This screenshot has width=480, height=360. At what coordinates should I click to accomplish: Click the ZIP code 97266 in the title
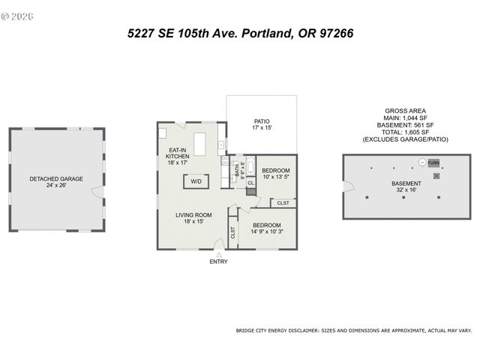[x=333, y=34]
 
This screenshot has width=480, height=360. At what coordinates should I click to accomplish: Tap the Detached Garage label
[x=56, y=178]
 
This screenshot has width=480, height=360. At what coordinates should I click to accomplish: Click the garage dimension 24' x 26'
[x=56, y=185]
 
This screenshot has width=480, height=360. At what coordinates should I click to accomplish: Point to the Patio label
[x=261, y=121]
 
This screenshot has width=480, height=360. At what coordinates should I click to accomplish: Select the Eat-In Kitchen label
[x=178, y=152]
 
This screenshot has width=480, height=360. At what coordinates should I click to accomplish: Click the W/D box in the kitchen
[x=196, y=181]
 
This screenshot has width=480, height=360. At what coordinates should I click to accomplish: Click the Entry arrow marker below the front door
[x=218, y=255]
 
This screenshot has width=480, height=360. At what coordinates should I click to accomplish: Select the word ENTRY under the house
[x=218, y=262]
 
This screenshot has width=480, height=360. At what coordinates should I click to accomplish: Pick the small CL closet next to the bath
[x=250, y=182]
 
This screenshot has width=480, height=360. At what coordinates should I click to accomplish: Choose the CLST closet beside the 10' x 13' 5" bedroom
[x=283, y=202]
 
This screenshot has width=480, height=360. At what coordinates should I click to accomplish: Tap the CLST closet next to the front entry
[x=232, y=232]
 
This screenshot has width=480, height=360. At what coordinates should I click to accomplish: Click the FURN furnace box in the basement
[x=433, y=163]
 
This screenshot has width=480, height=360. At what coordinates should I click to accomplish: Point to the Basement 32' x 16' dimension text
[x=406, y=190]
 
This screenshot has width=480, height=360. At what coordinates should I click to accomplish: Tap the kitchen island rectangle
[x=199, y=142]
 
